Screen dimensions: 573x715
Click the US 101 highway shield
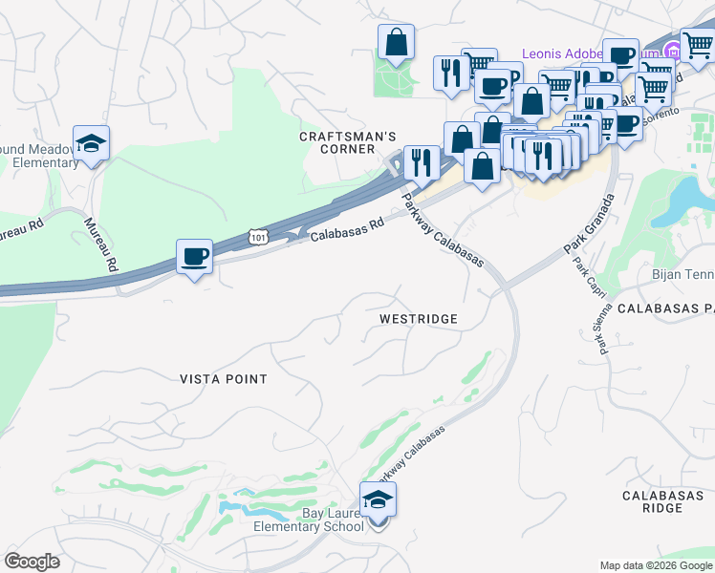256,235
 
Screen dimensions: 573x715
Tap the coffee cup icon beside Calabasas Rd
194,257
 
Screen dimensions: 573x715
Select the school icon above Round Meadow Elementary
91,144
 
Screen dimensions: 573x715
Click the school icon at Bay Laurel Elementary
378,499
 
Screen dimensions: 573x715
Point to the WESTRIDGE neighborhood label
418,318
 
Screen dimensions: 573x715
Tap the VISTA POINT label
224,379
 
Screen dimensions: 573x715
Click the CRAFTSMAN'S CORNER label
348,143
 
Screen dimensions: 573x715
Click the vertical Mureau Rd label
100,244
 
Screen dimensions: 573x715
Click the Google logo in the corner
32,562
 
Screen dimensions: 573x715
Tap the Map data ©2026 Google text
656,565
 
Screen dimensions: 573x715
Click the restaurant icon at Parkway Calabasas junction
422,163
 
